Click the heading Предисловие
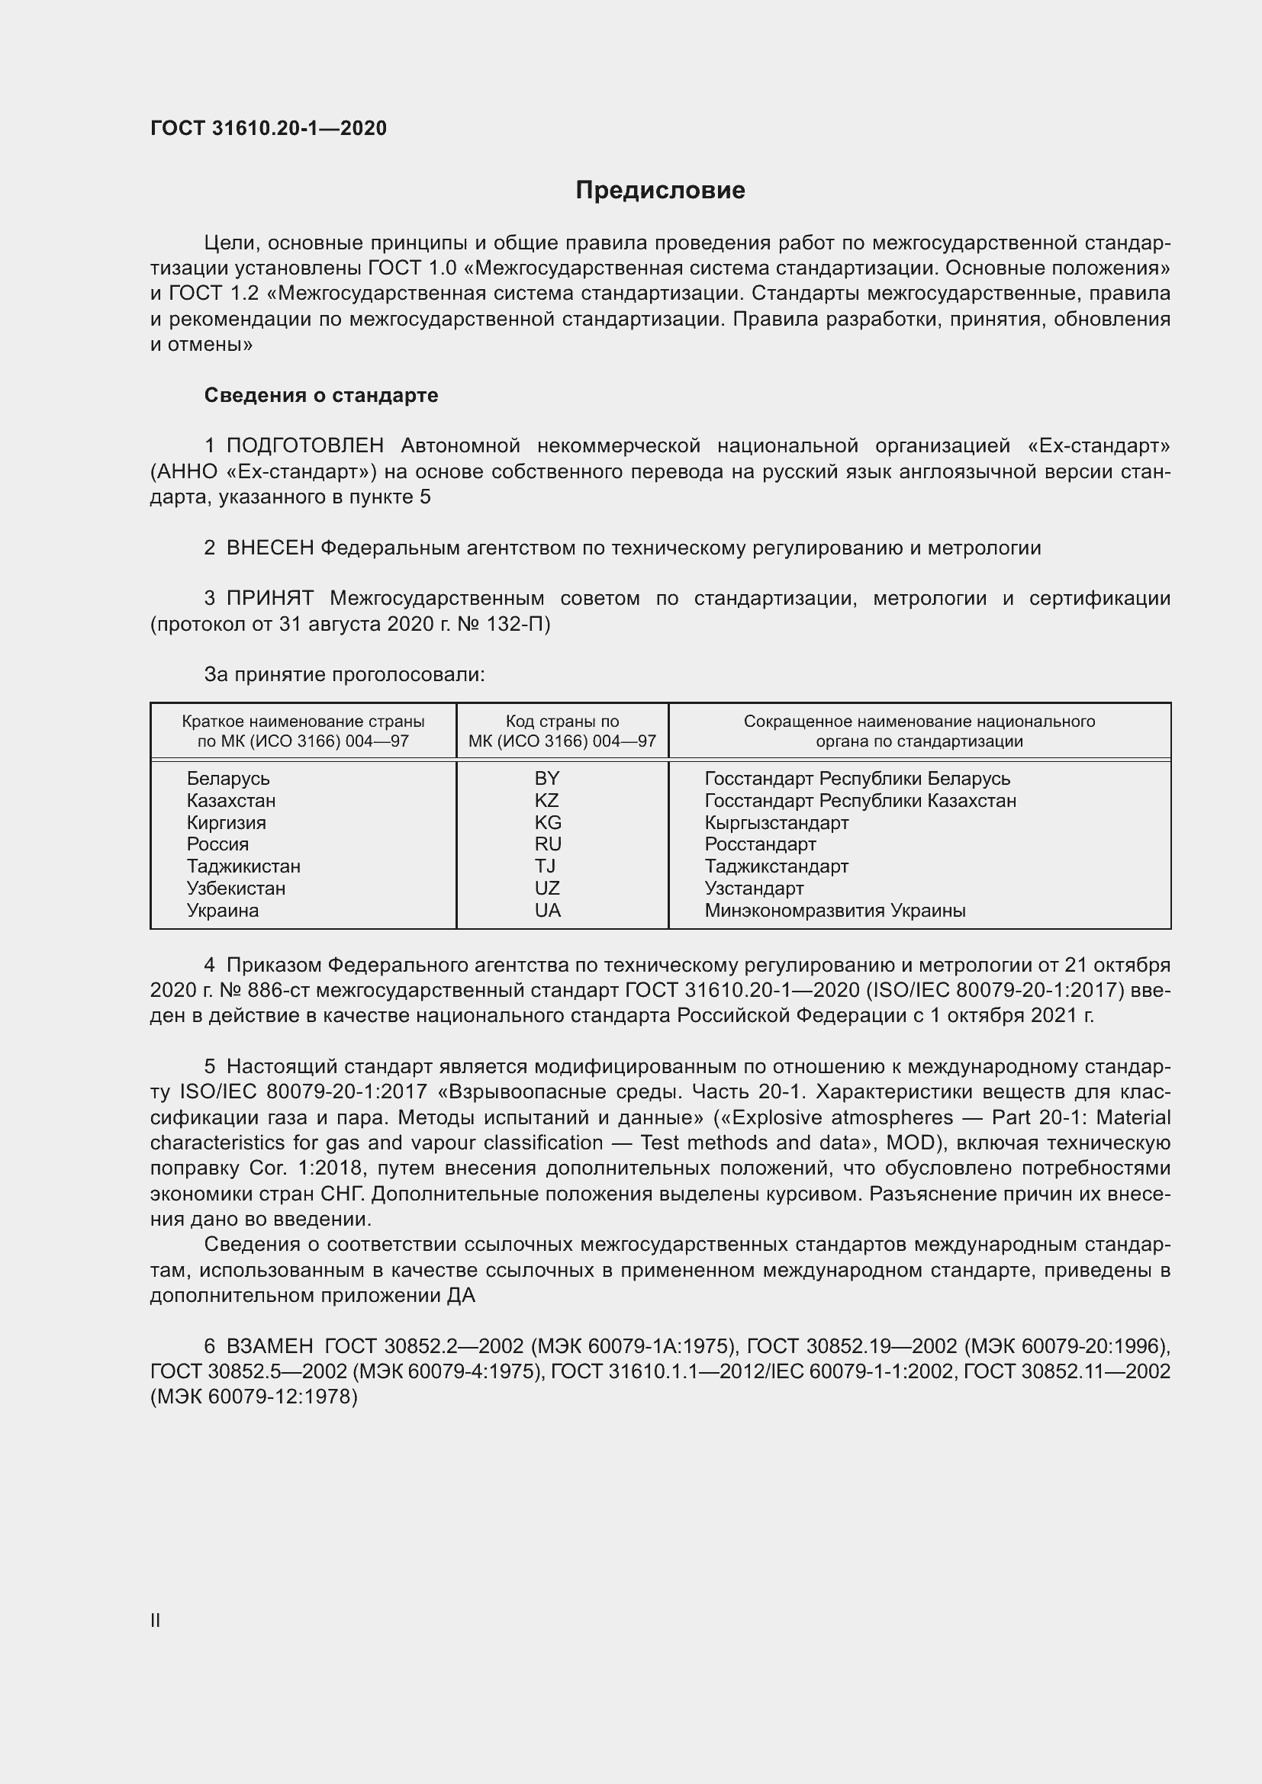(660, 191)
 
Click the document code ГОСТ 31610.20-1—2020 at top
(268, 128)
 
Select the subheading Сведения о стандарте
(321, 396)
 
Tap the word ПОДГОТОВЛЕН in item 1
(304, 446)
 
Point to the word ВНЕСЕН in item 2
(269, 548)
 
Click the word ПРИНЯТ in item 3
(269, 598)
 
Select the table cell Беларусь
(227, 779)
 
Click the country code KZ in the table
(546, 800)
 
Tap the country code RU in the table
(547, 844)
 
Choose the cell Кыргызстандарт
(775, 822)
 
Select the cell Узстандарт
(754, 888)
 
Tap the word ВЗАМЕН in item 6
(269, 1345)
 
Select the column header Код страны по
(562, 721)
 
